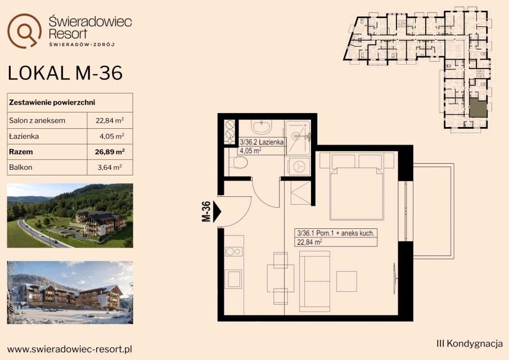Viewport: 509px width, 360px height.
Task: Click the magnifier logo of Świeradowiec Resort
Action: coord(24,30)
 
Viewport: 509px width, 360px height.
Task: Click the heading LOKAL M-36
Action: coord(65,73)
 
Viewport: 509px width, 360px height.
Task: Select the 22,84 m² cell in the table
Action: coord(110,120)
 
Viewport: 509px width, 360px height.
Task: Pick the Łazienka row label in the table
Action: coord(24,136)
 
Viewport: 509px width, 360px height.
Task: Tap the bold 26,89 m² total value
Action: coord(110,152)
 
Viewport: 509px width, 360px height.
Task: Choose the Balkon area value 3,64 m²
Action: coord(110,168)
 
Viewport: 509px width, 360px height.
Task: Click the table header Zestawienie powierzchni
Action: coord(52,102)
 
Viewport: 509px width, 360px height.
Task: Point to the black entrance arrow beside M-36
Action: coord(217,211)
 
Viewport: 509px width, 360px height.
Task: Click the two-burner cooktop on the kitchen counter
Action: coord(234,251)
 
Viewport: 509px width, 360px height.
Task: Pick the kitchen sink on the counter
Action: coord(234,279)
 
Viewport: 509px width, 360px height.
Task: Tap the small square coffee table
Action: coord(346,281)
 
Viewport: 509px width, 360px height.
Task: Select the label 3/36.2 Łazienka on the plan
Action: coord(262,142)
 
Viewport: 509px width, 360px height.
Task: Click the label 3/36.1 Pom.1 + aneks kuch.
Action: coord(336,233)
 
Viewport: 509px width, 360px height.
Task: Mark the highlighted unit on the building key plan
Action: coord(478,108)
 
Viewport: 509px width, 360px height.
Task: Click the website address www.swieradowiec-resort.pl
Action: coord(70,349)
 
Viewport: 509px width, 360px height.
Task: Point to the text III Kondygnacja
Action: coord(470,344)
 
